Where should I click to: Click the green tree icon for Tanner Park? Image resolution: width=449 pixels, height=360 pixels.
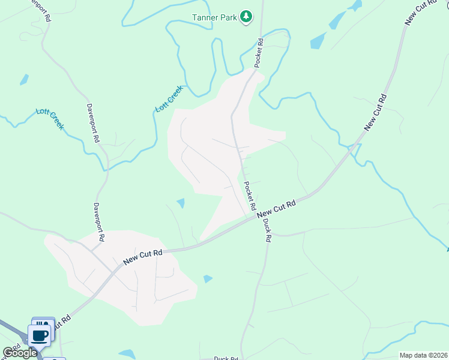246,17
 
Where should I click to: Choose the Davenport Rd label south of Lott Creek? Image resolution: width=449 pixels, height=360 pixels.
98,222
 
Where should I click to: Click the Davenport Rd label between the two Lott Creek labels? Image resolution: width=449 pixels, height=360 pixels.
94,122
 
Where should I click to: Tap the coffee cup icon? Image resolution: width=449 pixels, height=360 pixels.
40,335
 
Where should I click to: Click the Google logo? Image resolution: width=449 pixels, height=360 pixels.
20,353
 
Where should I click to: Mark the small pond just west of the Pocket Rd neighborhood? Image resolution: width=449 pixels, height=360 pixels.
181,203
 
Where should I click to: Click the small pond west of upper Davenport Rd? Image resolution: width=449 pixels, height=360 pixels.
24,79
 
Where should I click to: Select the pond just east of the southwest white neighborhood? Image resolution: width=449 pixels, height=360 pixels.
208,278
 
